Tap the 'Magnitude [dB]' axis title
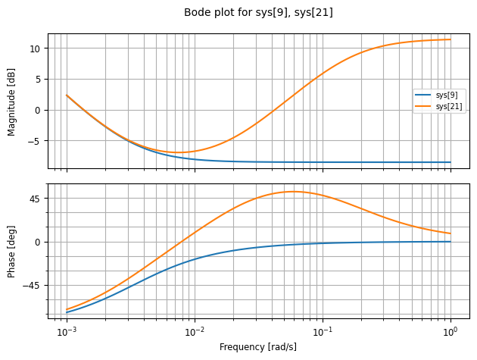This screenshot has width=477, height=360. [11, 101]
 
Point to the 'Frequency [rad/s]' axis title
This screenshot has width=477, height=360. [257, 346]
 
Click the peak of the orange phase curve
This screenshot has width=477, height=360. [294, 192]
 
